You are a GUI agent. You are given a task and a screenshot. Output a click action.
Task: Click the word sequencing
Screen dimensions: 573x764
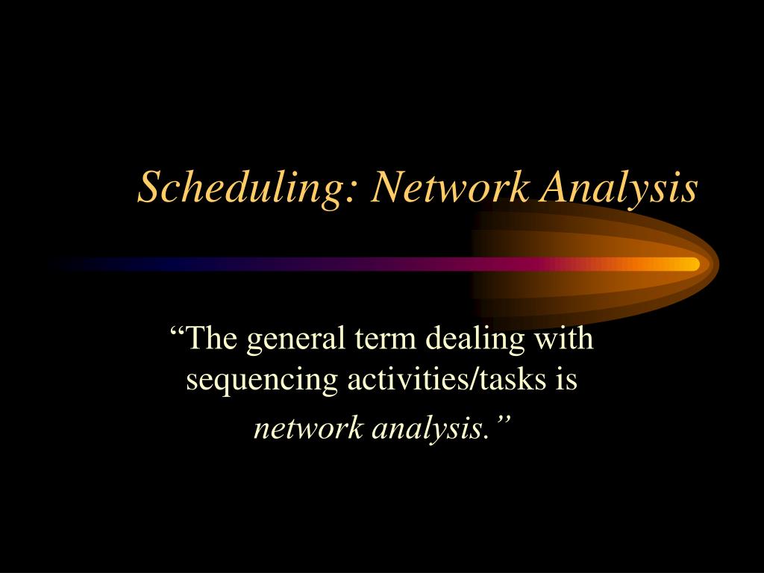(263, 381)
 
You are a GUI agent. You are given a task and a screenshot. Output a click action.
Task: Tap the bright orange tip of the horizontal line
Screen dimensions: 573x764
(690, 264)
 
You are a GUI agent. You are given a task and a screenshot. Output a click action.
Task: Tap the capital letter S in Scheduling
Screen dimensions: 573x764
(149, 187)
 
